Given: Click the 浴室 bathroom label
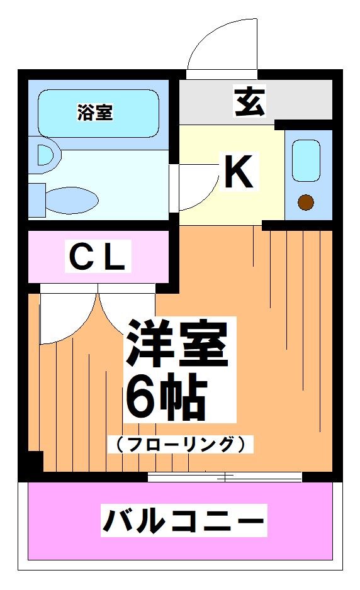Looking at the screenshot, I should tap(95, 113).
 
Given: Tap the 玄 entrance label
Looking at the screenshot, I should tap(250, 103).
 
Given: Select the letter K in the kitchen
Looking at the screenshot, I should tap(239, 172).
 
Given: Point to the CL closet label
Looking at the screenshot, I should tap(98, 257).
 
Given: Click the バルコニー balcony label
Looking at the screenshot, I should tap(183, 521).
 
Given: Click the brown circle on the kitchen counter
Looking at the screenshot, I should tap(306, 203).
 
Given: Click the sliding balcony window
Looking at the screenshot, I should tap(225, 477).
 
